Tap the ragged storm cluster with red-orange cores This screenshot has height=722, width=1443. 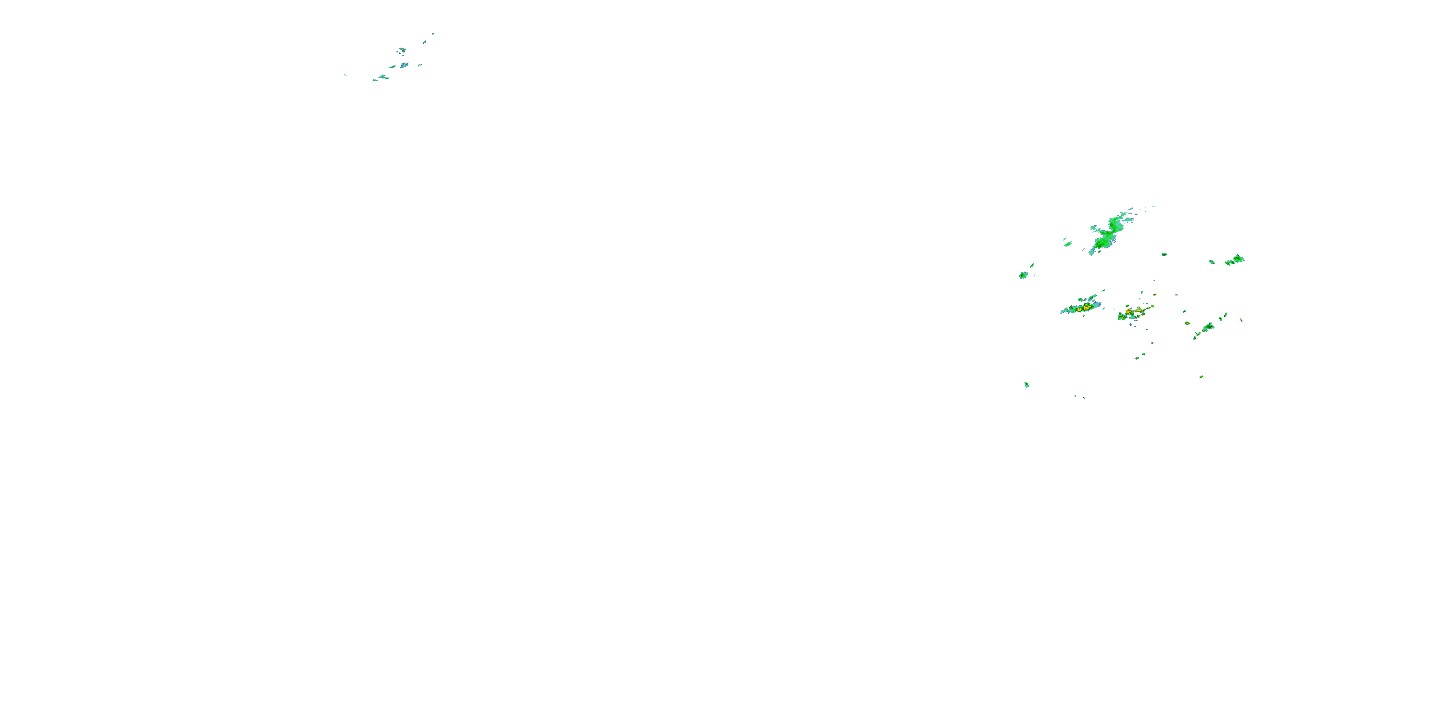coord(1134,312)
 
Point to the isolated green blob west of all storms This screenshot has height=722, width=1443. coord(1024,275)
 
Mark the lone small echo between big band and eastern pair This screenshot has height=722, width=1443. coord(1164,255)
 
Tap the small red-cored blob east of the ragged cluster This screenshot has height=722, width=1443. coord(1187,323)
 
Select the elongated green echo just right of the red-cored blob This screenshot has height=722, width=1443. coord(1207,327)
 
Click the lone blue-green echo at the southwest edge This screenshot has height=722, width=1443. coord(1027,385)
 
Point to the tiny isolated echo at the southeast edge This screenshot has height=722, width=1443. coord(1201,377)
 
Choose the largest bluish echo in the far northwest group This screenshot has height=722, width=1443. coord(404,65)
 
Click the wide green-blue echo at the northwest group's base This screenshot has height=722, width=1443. coord(383,77)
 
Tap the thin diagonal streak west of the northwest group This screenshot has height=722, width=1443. coord(346,75)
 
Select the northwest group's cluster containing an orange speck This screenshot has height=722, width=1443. coord(402,51)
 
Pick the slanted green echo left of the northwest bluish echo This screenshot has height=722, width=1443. coord(392,67)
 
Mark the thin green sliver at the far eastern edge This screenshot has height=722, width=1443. coord(1241,320)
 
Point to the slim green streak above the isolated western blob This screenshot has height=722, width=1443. coord(1032,265)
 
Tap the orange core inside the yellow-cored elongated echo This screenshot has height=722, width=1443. coord(1086,308)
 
